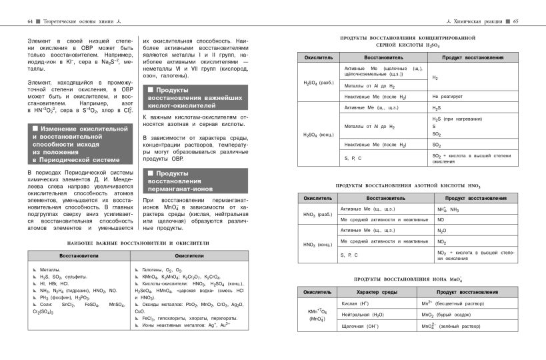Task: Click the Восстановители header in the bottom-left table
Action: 79,255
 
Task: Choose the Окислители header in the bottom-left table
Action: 189,255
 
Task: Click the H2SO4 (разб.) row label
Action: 319,83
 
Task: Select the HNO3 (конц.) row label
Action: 319,244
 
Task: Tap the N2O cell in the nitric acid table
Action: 442,231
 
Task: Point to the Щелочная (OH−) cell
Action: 360,326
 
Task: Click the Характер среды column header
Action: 376,292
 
